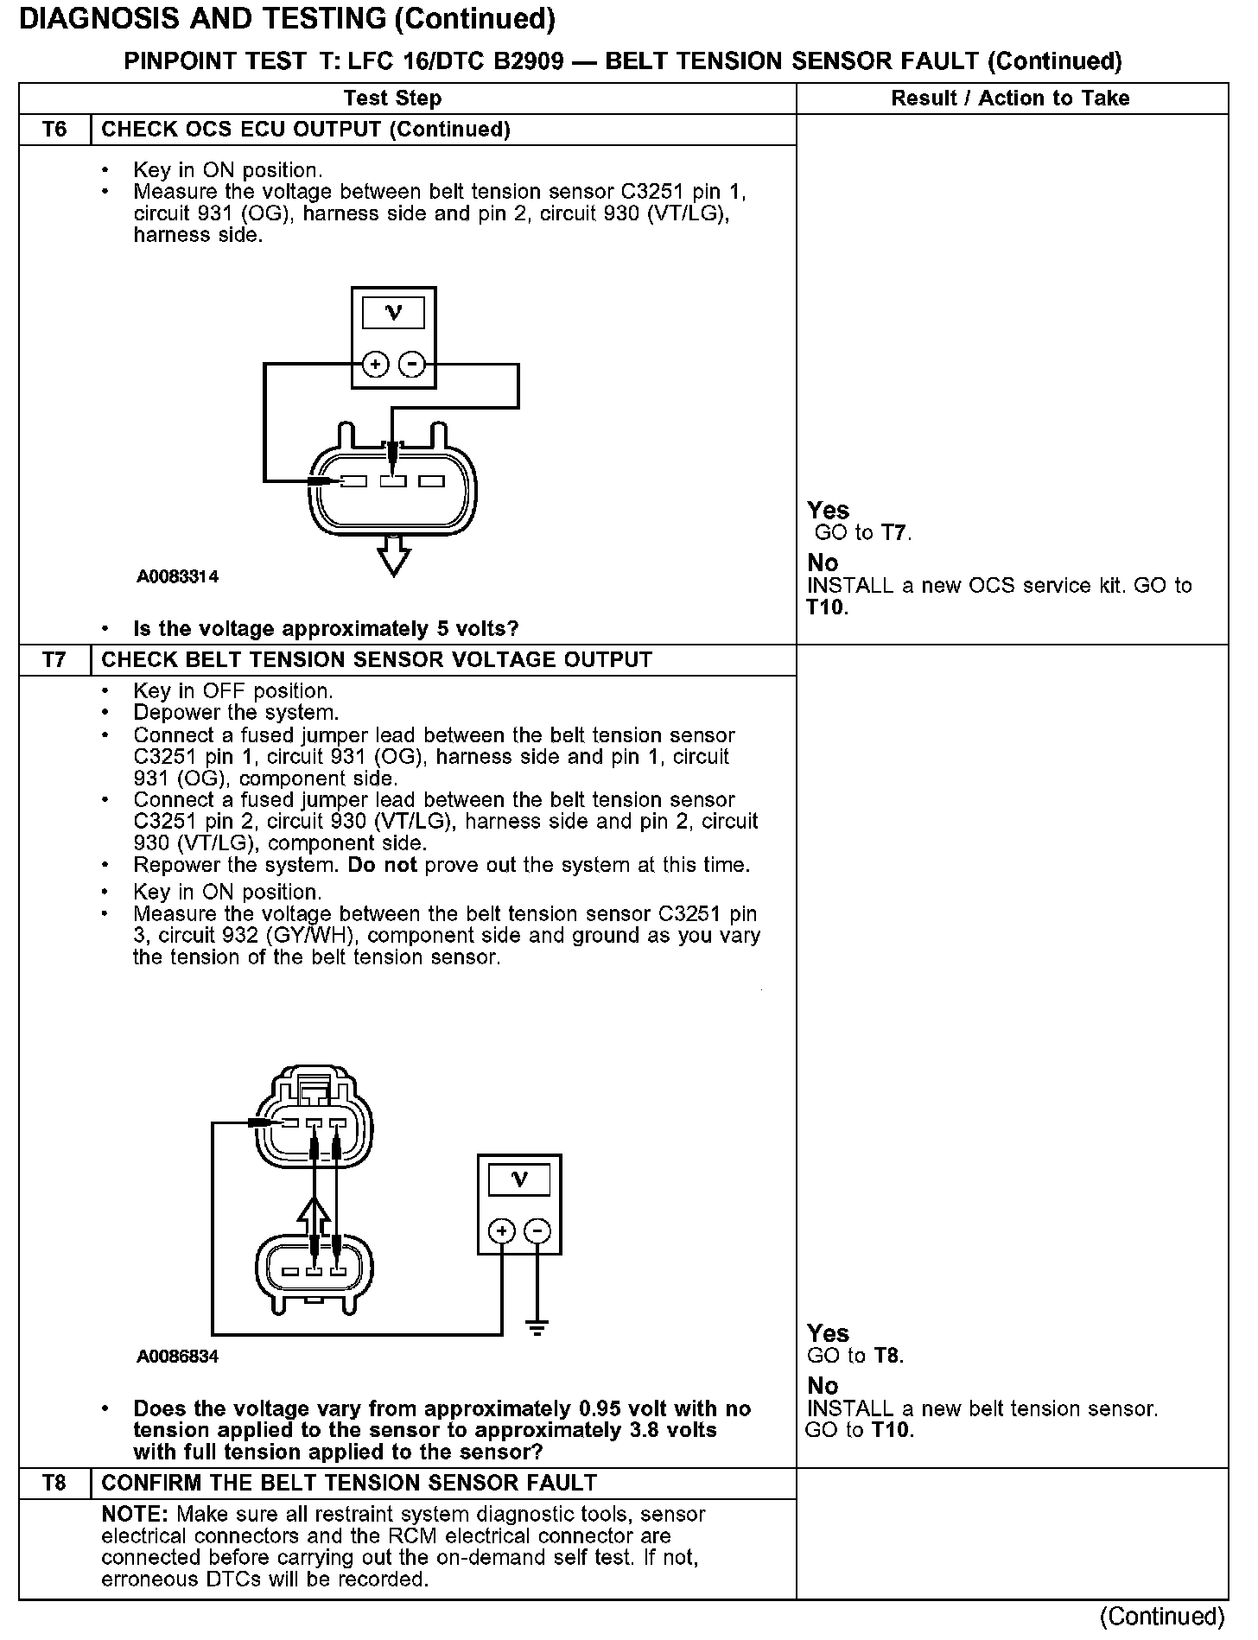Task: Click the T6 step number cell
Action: click(54, 130)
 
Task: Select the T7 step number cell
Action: click(54, 660)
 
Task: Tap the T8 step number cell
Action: click(54, 1484)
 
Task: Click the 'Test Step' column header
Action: click(392, 99)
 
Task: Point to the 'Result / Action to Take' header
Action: click(1010, 99)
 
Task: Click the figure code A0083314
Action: click(177, 576)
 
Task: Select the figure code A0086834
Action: click(177, 1357)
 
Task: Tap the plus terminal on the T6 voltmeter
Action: click(375, 365)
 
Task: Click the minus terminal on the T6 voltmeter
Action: click(412, 365)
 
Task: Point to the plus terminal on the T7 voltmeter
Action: click(502, 1231)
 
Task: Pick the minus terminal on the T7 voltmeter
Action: click(537, 1231)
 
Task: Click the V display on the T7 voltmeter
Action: click(519, 1179)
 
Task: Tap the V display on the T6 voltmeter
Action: click(393, 313)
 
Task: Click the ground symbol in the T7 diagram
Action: click(537, 1328)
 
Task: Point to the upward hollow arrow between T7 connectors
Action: click(314, 1218)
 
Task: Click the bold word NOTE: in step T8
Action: click(136, 1515)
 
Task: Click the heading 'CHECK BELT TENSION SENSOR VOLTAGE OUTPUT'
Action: click(377, 660)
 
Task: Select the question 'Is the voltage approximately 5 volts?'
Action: click(326, 629)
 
